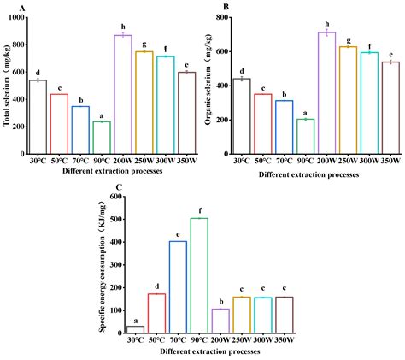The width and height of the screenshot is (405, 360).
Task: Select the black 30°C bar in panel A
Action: click(x=38, y=116)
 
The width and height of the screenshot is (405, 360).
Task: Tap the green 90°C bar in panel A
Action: click(x=103, y=138)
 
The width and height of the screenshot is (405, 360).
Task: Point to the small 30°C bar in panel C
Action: click(x=135, y=329)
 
